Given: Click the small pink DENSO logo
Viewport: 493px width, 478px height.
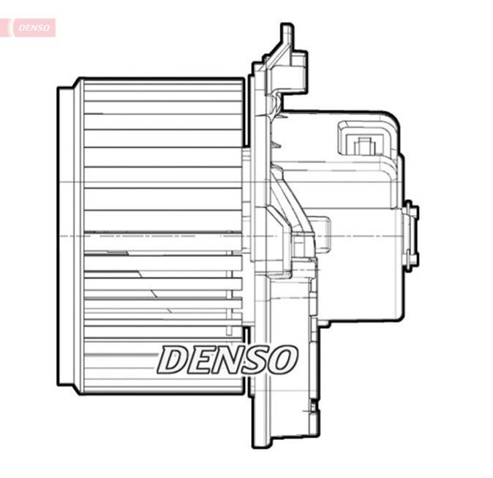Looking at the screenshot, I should (x=34, y=28).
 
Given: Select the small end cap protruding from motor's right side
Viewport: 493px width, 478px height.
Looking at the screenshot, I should (x=411, y=234).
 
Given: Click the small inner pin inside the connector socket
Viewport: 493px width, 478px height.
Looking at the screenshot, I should (x=361, y=145).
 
